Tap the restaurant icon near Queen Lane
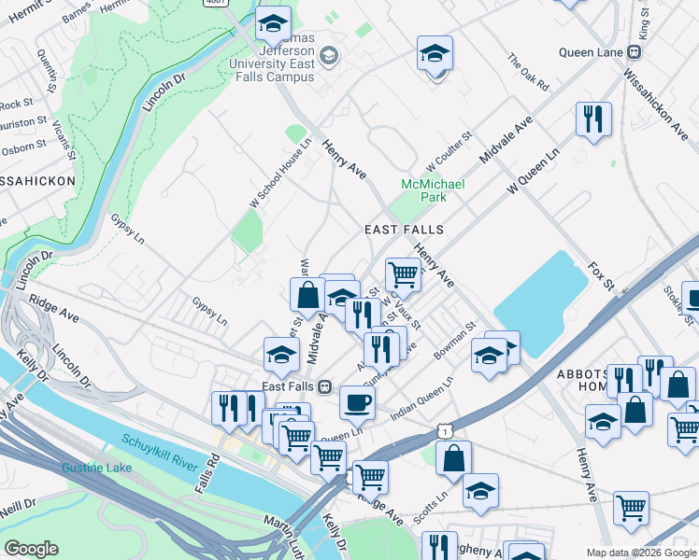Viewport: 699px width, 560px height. coord(593,119)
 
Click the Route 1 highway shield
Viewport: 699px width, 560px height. coord(449,428)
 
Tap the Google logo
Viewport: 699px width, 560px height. coord(31,549)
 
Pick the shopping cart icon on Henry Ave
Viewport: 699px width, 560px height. coord(403,274)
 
